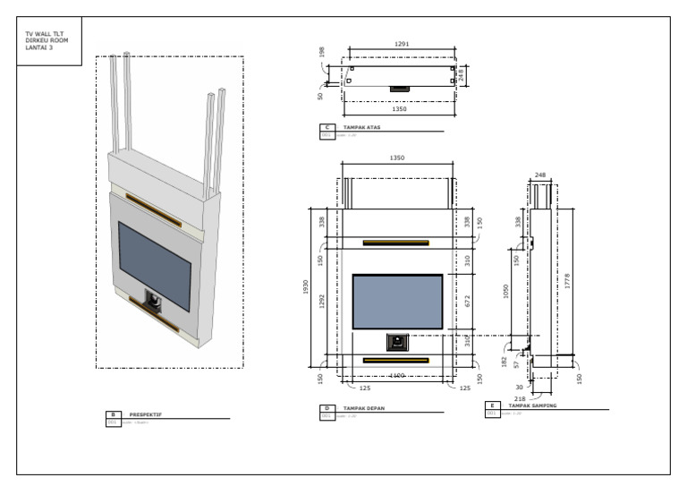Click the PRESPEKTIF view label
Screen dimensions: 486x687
coord(146,414)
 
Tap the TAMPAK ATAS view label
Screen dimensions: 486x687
coord(362,128)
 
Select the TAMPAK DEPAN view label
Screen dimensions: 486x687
coord(363,407)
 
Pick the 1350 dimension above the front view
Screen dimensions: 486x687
coord(397,158)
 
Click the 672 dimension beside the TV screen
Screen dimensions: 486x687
coord(467,302)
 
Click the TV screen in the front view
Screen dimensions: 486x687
coord(397,302)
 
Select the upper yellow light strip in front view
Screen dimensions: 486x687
coord(396,243)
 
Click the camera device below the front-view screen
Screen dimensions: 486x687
coord(397,341)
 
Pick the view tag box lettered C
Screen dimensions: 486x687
coord(327,128)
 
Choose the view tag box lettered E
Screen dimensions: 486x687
coord(491,405)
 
